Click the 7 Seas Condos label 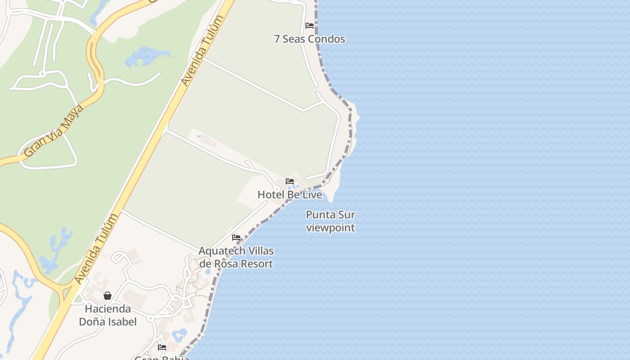click(x=309, y=39)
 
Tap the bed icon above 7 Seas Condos click(x=310, y=26)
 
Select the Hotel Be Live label click(x=290, y=195)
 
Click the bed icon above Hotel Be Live click(x=290, y=181)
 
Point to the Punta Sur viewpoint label click(x=330, y=221)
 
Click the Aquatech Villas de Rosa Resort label click(x=236, y=257)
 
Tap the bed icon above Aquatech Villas click(x=236, y=237)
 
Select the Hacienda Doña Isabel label click(x=108, y=315)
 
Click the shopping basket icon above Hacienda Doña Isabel click(x=108, y=296)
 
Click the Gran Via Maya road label click(x=54, y=130)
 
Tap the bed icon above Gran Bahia click(x=162, y=347)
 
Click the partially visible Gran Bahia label click(x=162, y=357)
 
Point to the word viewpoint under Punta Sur click(x=330, y=228)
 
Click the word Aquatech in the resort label click(x=222, y=251)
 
